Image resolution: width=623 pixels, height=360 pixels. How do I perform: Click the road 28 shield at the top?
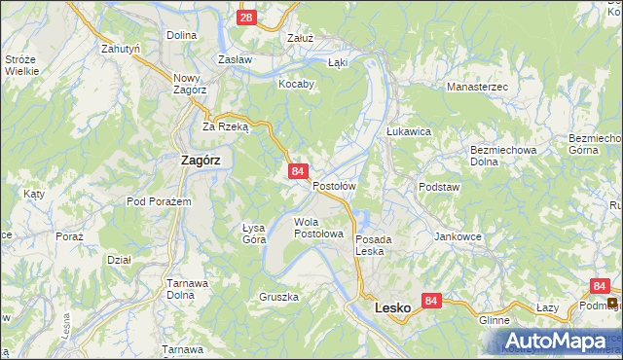[x=246, y=18]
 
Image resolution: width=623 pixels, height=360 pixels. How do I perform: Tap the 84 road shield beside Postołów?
[x=299, y=171]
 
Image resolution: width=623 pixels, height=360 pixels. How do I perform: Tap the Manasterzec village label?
[x=478, y=87]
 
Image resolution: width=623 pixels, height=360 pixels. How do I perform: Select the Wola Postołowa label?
[x=319, y=228]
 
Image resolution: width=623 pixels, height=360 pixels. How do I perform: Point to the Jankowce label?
[x=458, y=236]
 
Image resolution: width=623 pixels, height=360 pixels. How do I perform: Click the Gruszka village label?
[x=278, y=297]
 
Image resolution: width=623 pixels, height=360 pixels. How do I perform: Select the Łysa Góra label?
[x=254, y=233]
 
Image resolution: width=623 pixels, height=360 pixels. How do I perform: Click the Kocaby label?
[x=297, y=84]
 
